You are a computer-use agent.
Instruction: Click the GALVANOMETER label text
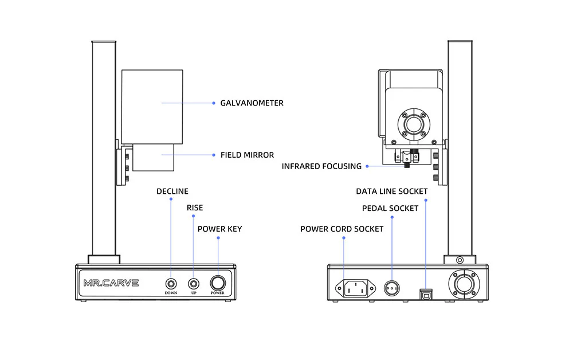(252, 103)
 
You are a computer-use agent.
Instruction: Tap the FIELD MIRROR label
(247, 155)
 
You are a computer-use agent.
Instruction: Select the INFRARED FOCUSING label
(321, 166)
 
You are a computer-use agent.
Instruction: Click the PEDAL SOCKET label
(390, 208)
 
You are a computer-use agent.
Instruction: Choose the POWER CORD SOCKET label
(342, 229)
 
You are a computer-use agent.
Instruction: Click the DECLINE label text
(172, 191)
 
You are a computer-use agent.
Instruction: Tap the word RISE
(195, 208)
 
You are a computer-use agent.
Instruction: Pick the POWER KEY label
(219, 229)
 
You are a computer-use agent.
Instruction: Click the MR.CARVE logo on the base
(111, 283)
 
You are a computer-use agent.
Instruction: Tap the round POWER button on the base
(218, 283)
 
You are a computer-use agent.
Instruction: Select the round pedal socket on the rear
(391, 286)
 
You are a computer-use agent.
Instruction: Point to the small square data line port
(426, 292)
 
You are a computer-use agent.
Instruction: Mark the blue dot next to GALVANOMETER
(213, 103)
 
